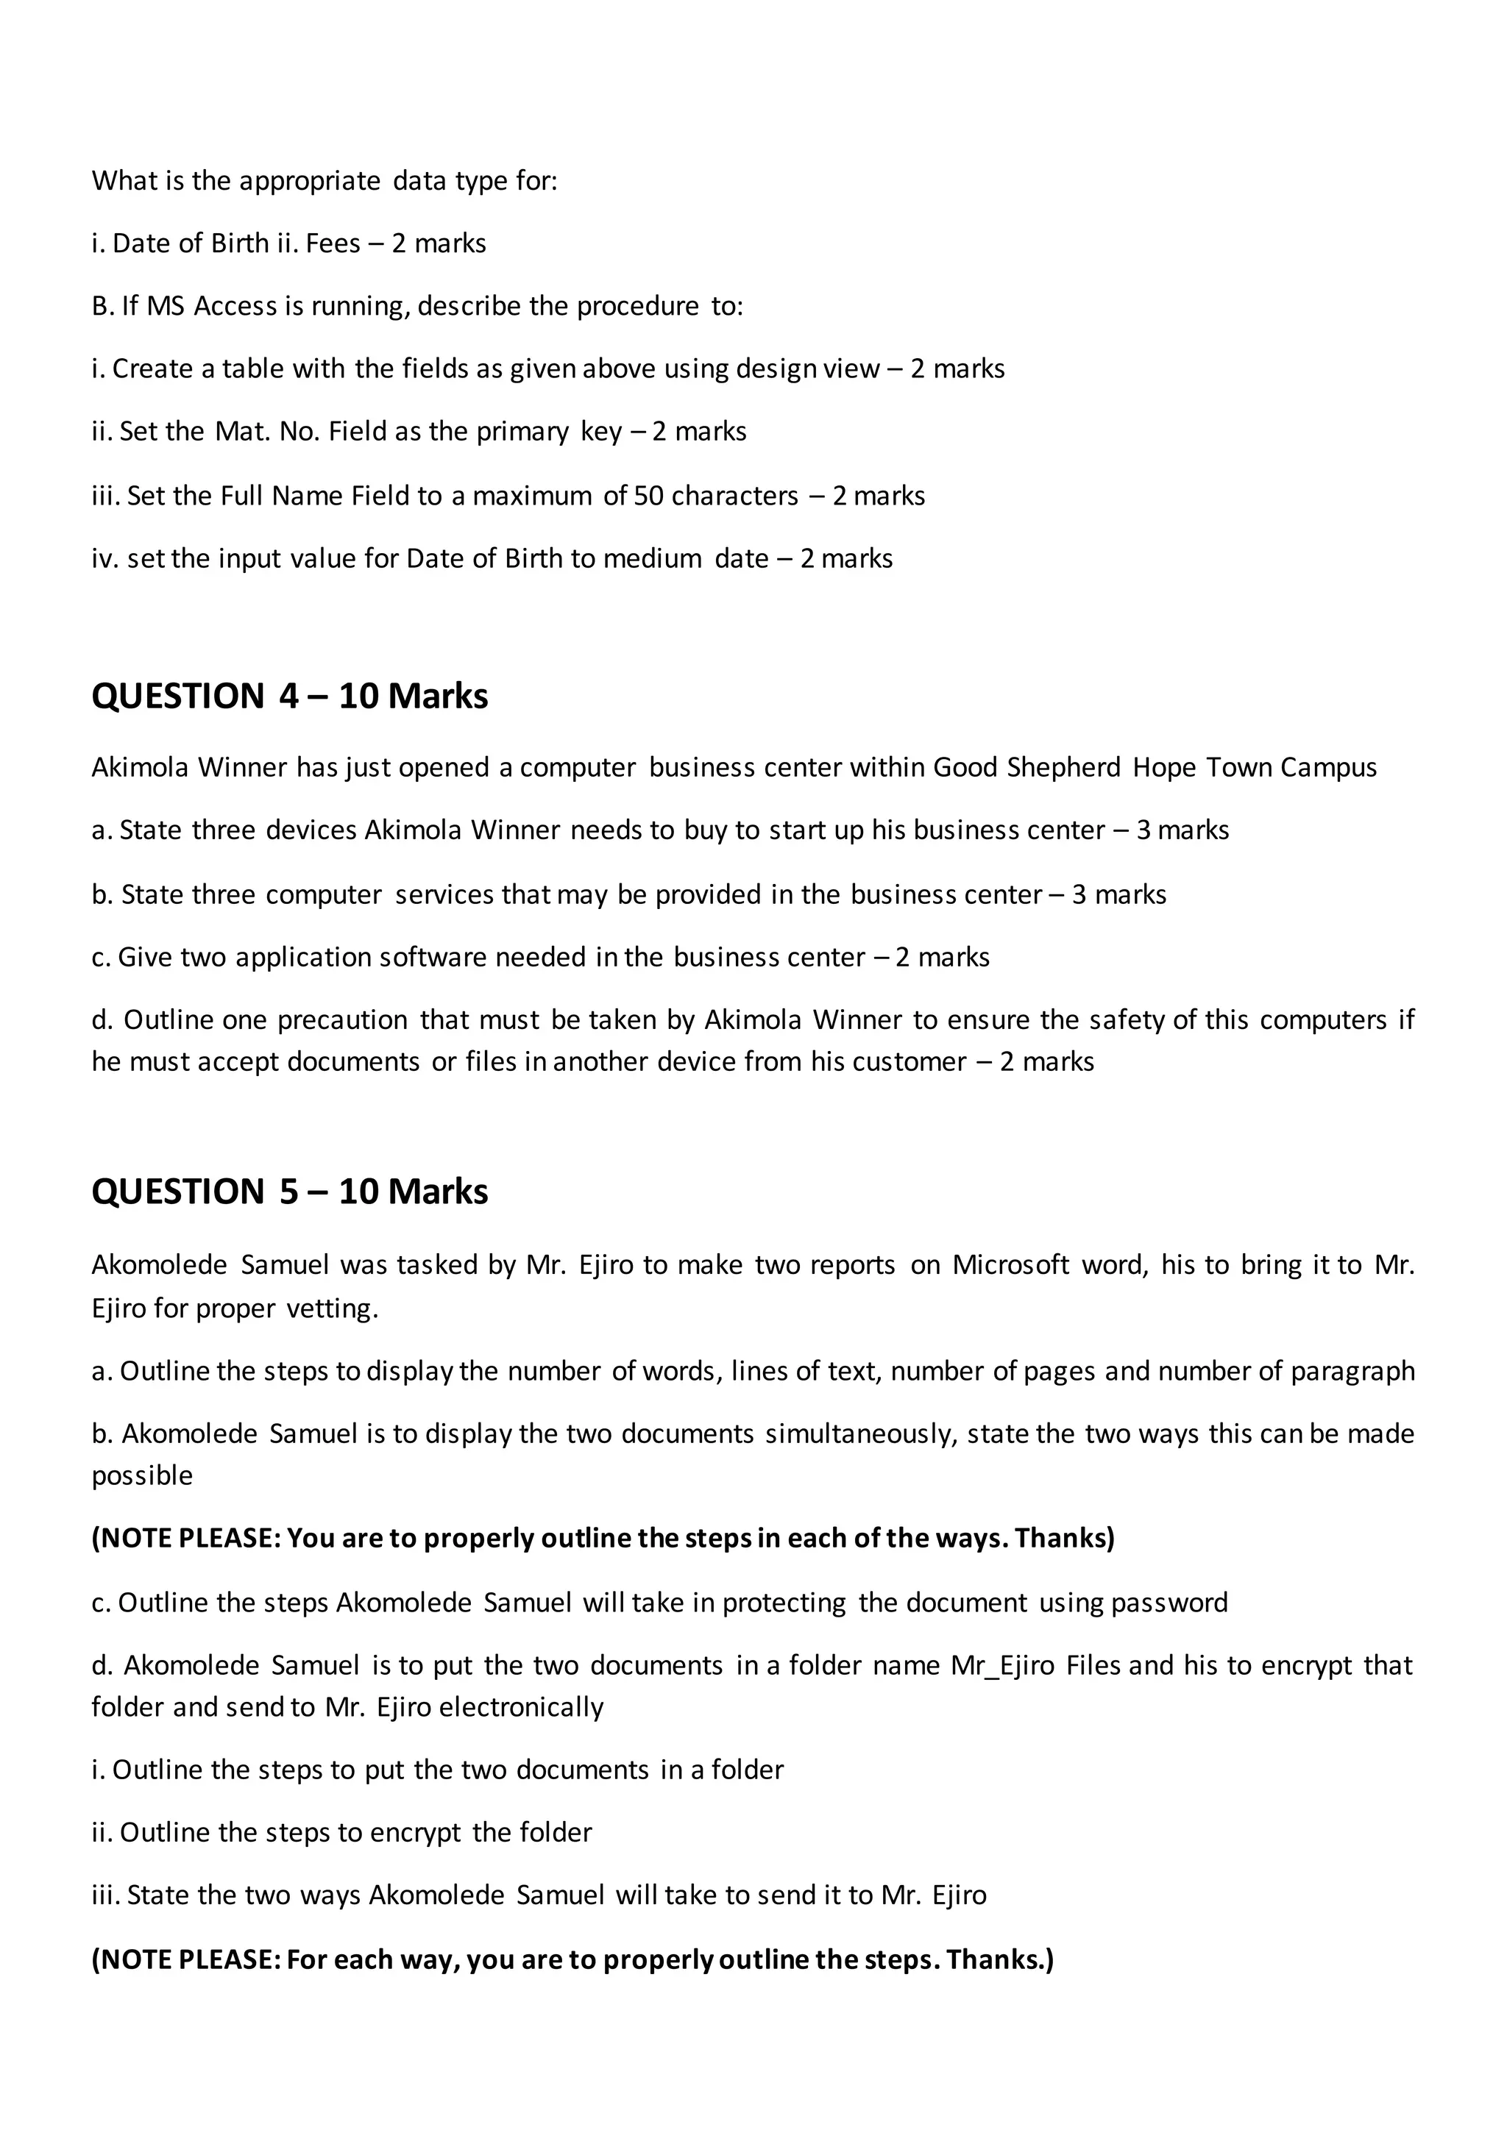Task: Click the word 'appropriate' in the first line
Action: click(309, 181)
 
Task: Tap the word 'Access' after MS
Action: click(235, 306)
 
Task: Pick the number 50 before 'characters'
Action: click(648, 496)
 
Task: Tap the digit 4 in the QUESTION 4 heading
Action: click(288, 696)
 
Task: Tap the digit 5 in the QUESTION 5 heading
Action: click(288, 1192)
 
